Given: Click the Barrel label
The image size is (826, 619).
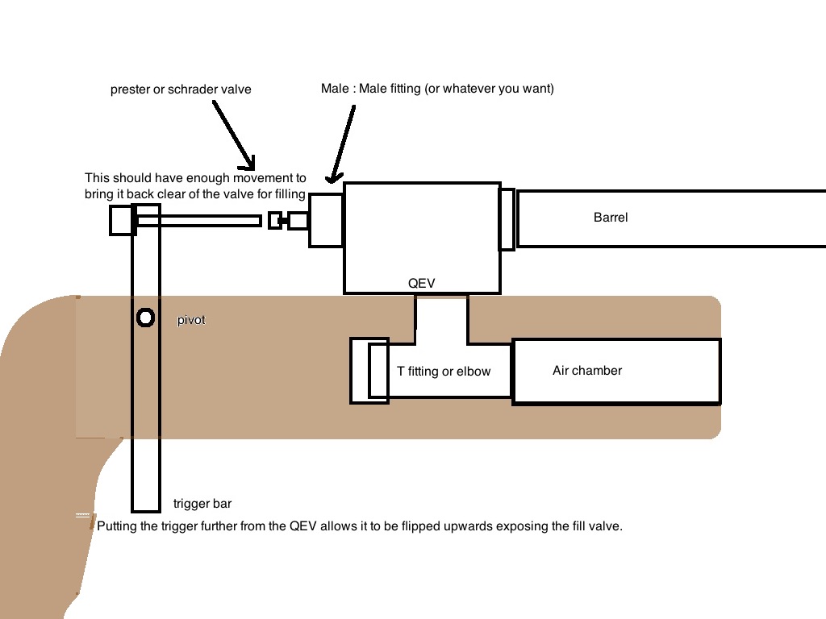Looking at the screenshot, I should coord(611,218).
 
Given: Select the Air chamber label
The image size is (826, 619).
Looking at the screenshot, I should coord(587,371).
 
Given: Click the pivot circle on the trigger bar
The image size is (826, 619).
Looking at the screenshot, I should coord(145,318).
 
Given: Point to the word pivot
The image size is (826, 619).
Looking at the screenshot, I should coord(191,321).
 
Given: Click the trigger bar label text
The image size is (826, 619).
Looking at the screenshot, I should coord(202,505).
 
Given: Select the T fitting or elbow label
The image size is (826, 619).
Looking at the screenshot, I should coord(444,372).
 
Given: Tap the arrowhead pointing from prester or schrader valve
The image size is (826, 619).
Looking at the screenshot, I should coord(249,162).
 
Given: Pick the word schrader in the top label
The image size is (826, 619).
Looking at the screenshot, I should coord(186,89).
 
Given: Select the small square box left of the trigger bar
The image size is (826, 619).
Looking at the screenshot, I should coord(121,220).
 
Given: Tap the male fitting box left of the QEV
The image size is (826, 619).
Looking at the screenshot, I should coord(327,219).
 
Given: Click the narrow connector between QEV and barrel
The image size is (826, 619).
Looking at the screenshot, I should coord(507,219).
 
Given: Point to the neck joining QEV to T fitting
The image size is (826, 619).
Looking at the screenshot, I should coord(441,318).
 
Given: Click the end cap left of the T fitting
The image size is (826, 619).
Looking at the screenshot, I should coord(360,371).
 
